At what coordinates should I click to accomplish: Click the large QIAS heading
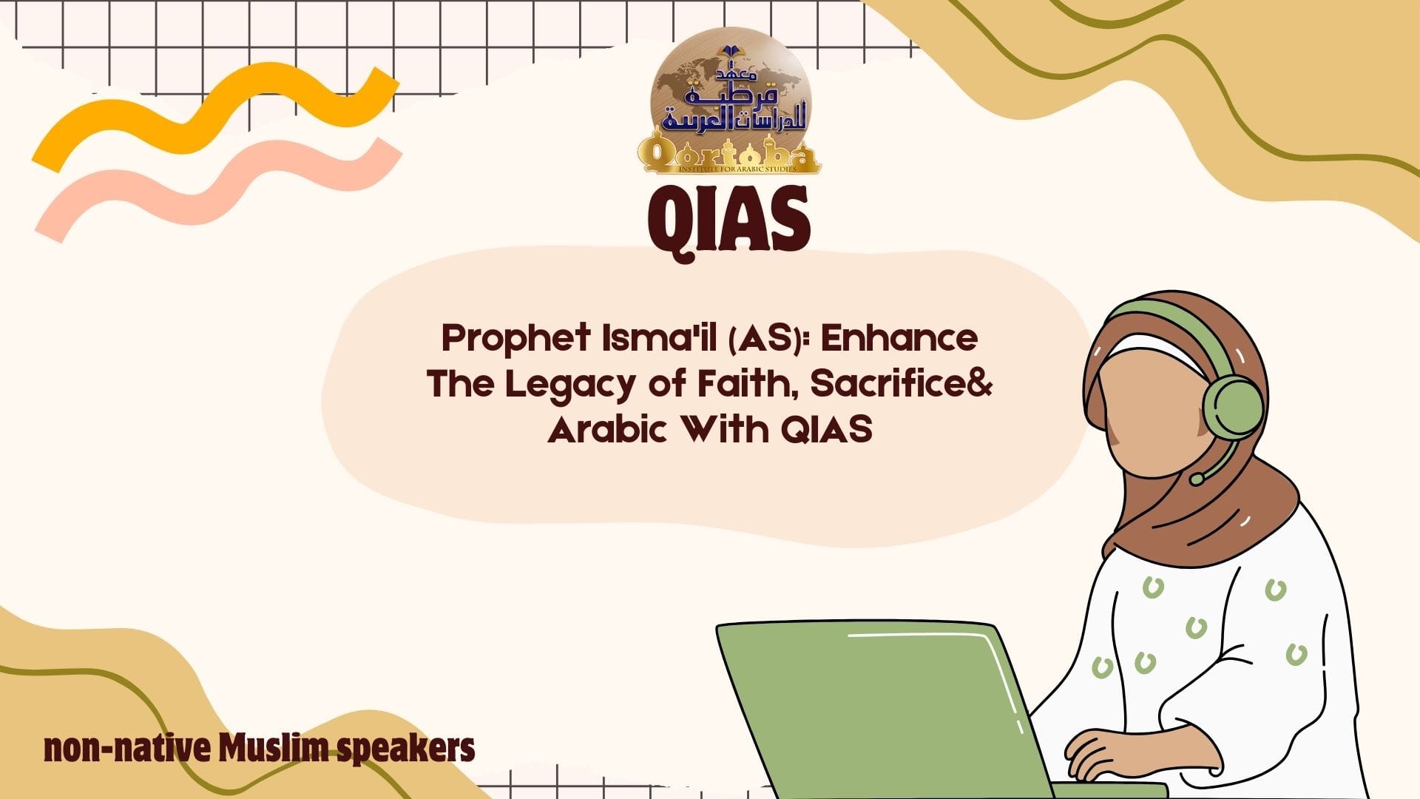pyautogui.click(x=728, y=220)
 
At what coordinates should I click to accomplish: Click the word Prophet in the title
pyautogui.click(x=506, y=339)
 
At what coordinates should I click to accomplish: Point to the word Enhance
pyautogui.click(x=899, y=337)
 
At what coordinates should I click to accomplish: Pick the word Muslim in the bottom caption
pyautogui.click(x=274, y=749)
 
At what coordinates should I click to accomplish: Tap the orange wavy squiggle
pyautogui.click(x=214, y=118)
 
